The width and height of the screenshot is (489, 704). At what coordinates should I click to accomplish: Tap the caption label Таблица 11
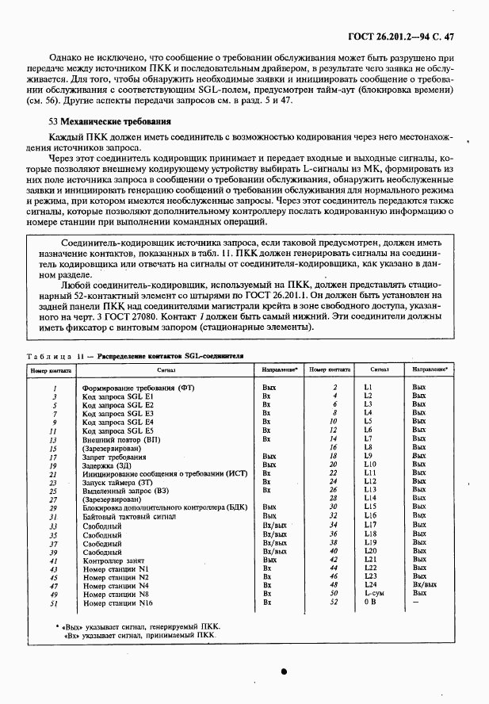coord(53,357)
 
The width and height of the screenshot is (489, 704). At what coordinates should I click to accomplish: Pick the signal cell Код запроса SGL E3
coord(118,413)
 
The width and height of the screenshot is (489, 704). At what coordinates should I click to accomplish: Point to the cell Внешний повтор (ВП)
coord(121,439)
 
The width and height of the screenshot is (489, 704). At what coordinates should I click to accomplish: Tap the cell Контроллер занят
coord(111,560)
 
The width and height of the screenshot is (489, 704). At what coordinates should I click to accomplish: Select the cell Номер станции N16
coord(117,603)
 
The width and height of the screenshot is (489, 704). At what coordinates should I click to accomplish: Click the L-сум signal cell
coord(373,593)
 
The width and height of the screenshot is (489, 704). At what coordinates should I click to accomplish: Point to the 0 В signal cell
coord(369,603)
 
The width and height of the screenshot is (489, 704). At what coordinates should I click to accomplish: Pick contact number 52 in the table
coord(334,603)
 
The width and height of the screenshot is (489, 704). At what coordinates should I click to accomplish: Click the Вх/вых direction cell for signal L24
coord(424,584)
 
